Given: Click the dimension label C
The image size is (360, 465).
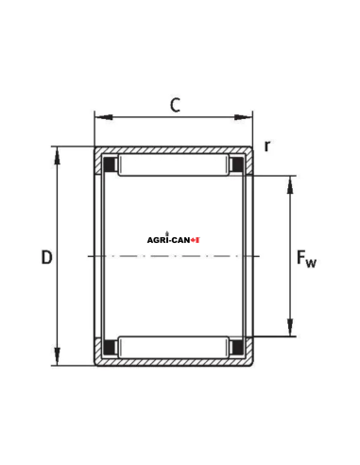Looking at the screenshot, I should [175, 105].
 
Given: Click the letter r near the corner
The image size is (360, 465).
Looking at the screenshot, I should [267, 146].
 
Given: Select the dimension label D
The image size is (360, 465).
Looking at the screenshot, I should [46, 257].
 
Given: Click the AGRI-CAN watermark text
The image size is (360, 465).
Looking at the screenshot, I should [167, 240].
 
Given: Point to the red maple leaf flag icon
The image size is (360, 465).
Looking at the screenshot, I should [196, 240].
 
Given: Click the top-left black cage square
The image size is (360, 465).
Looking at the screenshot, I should [111, 165].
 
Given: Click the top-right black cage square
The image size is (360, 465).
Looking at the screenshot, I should [236, 165].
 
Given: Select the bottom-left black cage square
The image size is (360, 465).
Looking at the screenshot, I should [111, 347].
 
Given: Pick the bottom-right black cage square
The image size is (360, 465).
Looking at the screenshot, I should [236, 347].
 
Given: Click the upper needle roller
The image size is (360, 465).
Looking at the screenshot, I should [173, 165].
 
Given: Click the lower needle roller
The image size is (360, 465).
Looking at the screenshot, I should [173, 347].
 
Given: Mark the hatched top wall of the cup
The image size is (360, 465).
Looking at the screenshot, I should [173, 150].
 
